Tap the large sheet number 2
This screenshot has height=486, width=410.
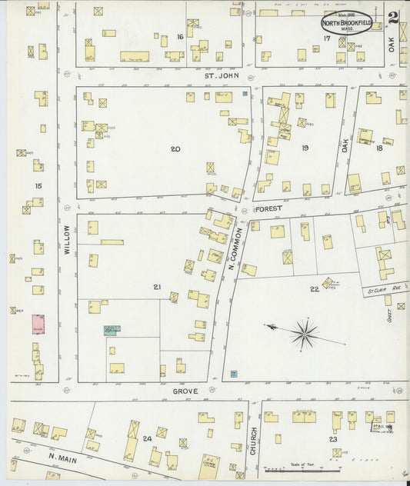click(392, 18)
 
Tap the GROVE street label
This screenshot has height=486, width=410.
click(185, 391)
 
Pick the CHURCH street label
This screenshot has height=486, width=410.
click(252, 442)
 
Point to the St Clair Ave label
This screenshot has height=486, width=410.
click(376, 289)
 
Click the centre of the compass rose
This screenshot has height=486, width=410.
click(305, 333)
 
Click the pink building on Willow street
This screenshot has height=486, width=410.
click(37, 325)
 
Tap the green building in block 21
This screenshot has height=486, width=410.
click(111, 330)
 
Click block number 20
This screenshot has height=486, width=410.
click(175, 148)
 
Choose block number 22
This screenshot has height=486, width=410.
click(314, 289)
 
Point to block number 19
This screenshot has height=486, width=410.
click(305, 148)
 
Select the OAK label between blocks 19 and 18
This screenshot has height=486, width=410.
click(345, 144)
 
